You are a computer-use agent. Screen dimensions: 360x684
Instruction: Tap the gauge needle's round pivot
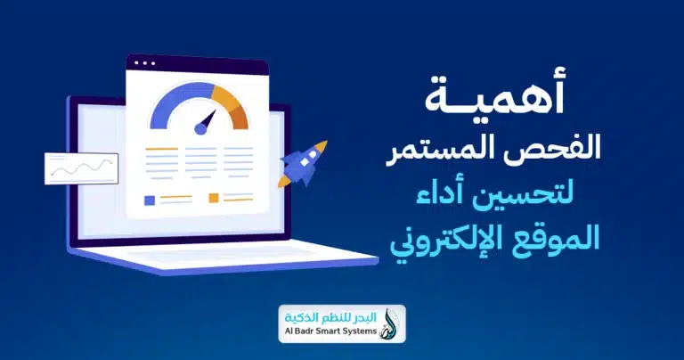200,129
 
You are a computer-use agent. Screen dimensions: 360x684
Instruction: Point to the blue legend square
149,199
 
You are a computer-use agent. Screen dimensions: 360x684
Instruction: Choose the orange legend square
214,198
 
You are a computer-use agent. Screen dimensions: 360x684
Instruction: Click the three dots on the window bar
142,64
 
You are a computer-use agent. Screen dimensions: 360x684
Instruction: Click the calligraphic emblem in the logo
391,324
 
